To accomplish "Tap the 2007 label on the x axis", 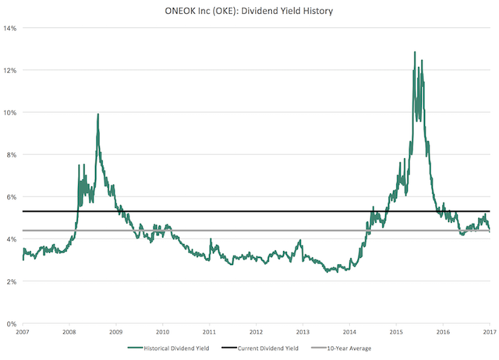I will tap(23, 332).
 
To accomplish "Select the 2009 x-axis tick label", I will tap(115, 332).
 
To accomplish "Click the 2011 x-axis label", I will tap(209, 332).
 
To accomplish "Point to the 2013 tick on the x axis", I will tap(303, 332).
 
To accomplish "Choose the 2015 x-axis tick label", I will tap(395, 332).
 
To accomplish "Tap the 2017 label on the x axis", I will tap(488, 332).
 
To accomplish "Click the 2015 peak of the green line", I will tap(414, 52).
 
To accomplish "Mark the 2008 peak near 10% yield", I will tap(98, 115).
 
